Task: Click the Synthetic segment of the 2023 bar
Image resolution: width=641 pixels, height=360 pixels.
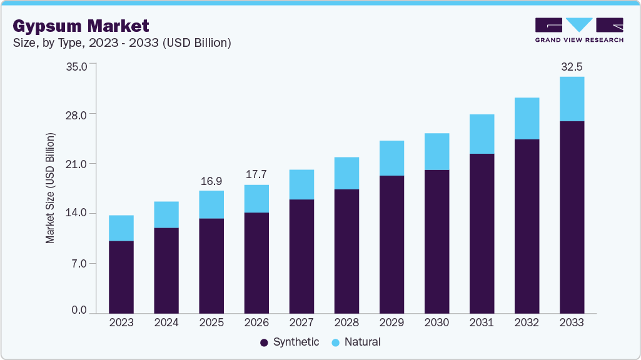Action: click(x=121, y=277)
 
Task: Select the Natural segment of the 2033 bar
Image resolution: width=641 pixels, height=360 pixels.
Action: click(x=572, y=99)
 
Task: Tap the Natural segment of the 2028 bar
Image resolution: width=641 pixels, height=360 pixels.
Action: click(x=346, y=173)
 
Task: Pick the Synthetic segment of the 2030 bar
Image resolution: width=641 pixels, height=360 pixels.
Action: click(x=437, y=241)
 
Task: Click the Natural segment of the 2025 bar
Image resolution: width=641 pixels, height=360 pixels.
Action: click(x=211, y=204)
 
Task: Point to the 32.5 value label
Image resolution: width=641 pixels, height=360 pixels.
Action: click(x=572, y=66)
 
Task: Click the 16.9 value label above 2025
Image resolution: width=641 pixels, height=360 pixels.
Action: click(x=211, y=181)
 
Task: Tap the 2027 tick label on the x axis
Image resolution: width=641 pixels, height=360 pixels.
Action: click(x=301, y=323)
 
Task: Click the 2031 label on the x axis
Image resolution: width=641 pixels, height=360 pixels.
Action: click(x=482, y=323)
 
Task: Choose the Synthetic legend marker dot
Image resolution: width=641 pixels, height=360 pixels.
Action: click(x=264, y=342)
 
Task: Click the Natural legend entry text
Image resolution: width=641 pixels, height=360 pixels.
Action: click(x=362, y=342)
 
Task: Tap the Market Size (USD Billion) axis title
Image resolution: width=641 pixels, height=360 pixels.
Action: click(x=50, y=187)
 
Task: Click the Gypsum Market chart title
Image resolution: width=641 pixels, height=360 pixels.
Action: click(x=81, y=26)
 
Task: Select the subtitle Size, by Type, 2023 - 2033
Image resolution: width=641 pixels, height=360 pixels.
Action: click(x=122, y=43)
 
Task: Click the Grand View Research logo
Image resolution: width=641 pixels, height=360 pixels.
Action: click(x=578, y=29)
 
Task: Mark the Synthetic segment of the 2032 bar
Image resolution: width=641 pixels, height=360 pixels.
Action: click(x=527, y=226)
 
